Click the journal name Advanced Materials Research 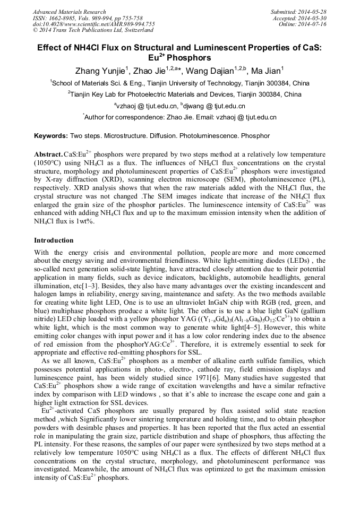[x=69, y=12]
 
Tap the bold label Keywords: [x=51, y=136]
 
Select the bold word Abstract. [x=48, y=154]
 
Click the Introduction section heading [x=54, y=240]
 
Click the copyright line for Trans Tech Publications [x=93, y=31]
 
